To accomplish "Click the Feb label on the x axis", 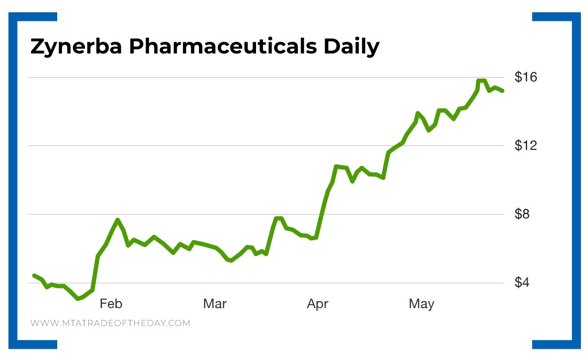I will [x=111, y=304].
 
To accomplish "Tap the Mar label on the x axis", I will [x=214, y=304].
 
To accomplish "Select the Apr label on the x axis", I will [x=318, y=304].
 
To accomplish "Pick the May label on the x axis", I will [x=421, y=304].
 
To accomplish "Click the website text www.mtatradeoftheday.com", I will [x=110, y=323].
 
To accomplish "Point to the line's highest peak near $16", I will [x=482, y=81].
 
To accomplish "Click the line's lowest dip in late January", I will [x=78, y=298].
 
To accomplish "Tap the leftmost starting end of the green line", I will [x=34, y=275].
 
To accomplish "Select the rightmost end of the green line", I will [x=502, y=91].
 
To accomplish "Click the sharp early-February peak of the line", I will [x=118, y=220].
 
